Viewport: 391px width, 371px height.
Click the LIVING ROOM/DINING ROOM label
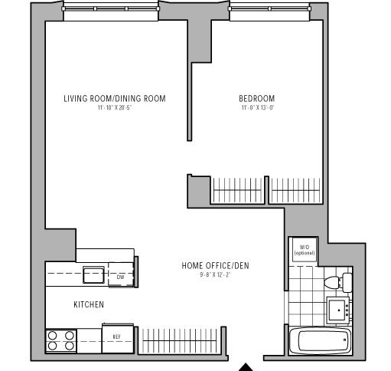(x=115, y=99)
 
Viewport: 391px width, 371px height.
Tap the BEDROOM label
(x=257, y=99)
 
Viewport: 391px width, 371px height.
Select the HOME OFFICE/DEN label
(x=215, y=266)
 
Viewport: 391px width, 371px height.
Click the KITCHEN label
(x=89, y=304)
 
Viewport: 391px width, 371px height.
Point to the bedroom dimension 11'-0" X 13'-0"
(x=258, y=108)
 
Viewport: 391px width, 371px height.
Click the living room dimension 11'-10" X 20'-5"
(x=115, y=108)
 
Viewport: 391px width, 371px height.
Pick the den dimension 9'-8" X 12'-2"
(x=215, y=275)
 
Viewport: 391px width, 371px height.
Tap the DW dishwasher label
(x=120, y=277)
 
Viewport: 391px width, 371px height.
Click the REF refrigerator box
(x=118, y=338)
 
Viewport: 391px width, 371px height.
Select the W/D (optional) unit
(x=305, y=250)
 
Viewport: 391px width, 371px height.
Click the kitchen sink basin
(x=93, y=274)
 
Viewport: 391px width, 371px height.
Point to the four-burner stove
(x=61, y=341)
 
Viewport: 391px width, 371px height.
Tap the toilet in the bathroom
(x=338, y=282)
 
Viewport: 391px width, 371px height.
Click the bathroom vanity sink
(x=338, y=310)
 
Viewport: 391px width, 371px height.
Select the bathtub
(x=321, y=341)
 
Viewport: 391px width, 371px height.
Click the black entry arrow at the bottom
(x=246, y=367)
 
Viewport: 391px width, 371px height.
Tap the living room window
(x=111, y=8)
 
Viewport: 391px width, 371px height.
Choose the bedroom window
(x=269, y=8)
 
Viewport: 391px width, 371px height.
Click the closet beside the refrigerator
(x=180, y=340)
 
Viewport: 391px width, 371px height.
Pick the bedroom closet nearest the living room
(x=237, y=190)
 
